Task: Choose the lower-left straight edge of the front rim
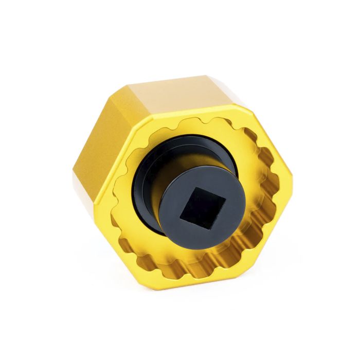[121, 247]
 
